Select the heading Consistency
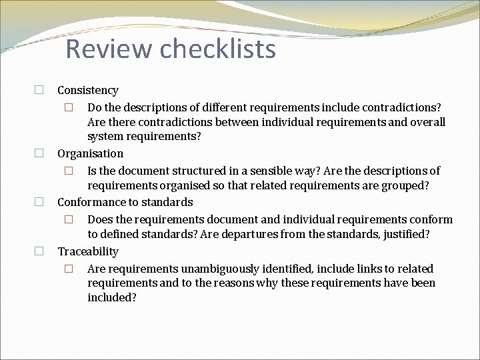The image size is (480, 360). [x=88, y=90]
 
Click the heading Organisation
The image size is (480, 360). [x=90, y=153]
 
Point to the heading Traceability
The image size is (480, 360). [x=88, y=251]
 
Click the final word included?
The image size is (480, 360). [x=111, y=297]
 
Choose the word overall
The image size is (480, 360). [x=427, y=122]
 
